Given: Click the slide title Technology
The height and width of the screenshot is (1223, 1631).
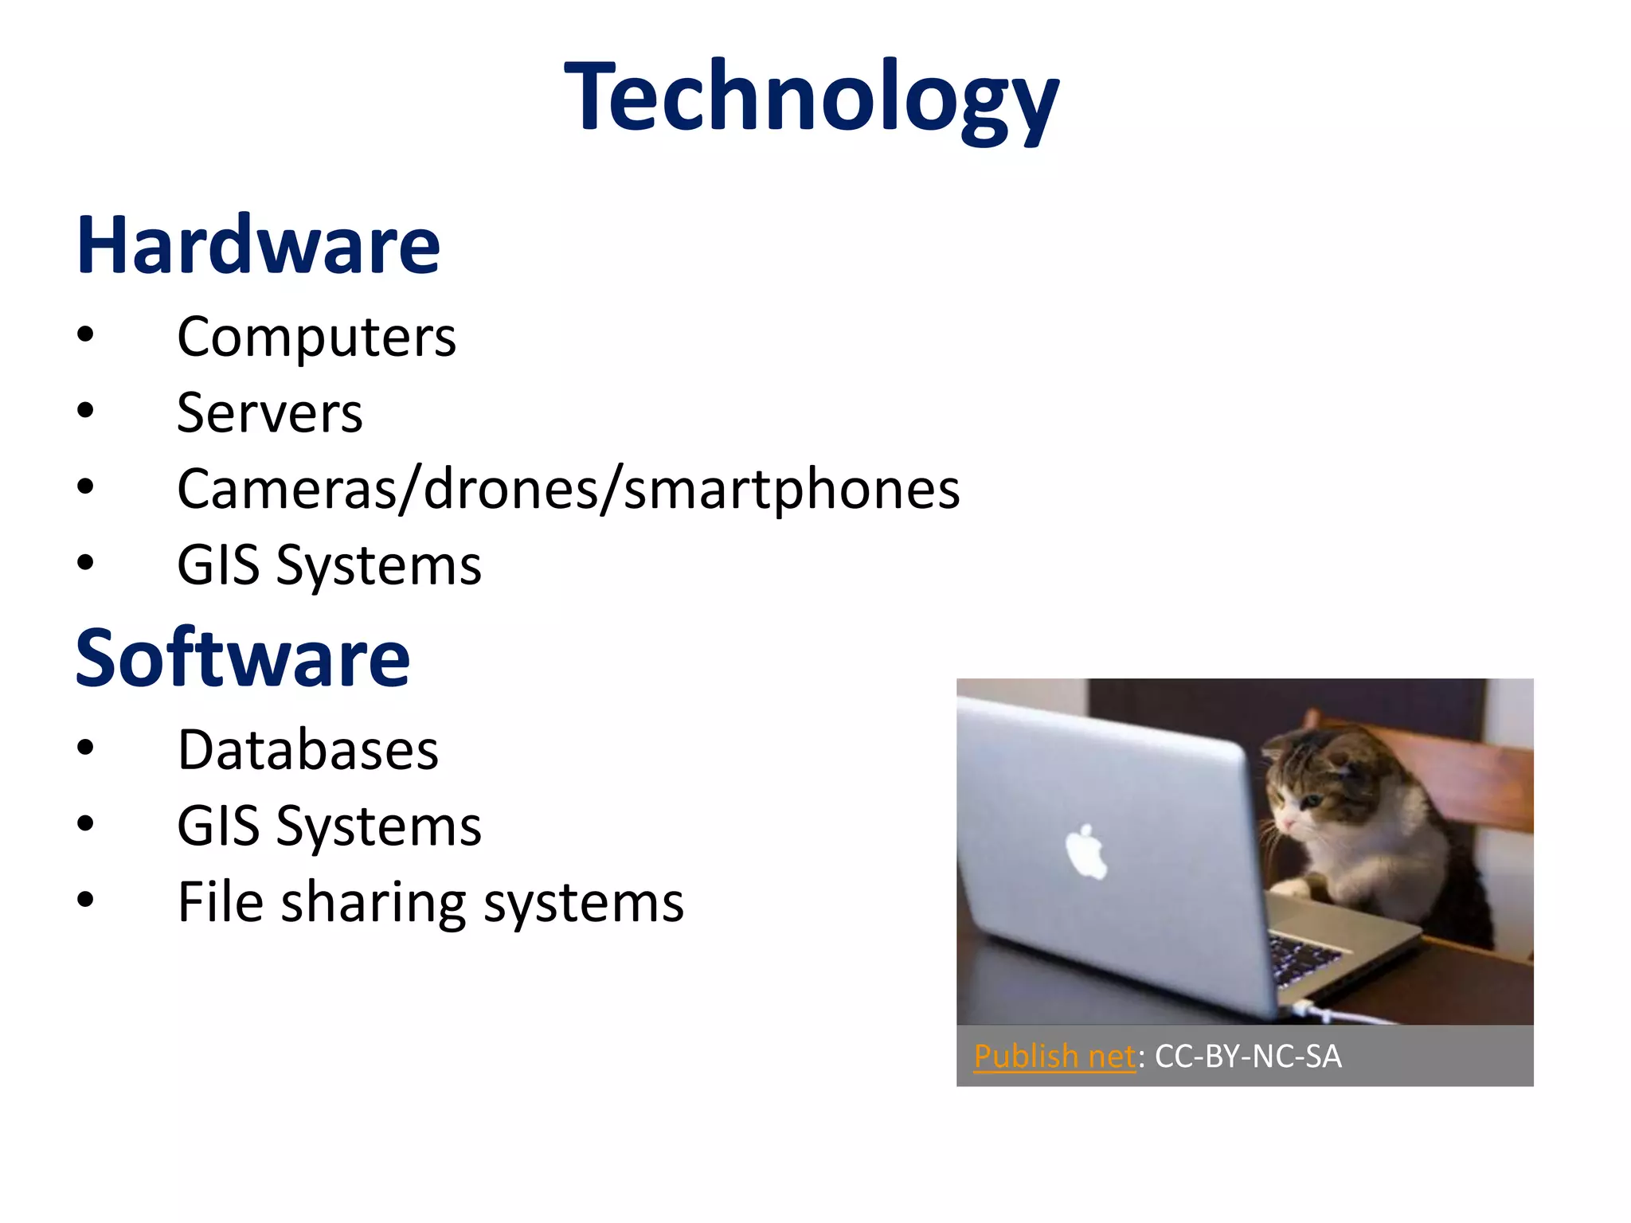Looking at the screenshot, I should [x=811, y=97].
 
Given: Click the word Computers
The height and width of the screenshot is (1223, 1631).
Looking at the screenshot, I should [x=316, y=337].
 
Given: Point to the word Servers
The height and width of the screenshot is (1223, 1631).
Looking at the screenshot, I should [x=269, y=412].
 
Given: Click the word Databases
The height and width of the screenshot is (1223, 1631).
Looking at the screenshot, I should [x=307, y=750].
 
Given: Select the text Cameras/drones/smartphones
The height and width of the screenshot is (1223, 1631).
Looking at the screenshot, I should [x=568, y=489].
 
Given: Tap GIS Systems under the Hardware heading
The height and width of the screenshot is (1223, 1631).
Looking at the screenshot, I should [x=329, y=565].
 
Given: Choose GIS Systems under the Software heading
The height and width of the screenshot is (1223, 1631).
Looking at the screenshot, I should [x=329, y=826].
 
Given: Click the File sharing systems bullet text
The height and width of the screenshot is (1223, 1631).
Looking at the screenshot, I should [x=430, y=902].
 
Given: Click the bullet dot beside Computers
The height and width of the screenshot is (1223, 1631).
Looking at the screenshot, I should [x=86, y=334].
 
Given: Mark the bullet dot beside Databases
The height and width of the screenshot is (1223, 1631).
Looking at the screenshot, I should [x=86, y=748].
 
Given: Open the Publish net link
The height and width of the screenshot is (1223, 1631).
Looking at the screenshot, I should [x=1054, y=1057].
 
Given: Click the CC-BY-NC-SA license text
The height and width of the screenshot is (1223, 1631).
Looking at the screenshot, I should [x=1248, y=1057].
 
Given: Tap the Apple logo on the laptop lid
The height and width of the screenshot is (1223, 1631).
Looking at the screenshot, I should [x=1085, y=853].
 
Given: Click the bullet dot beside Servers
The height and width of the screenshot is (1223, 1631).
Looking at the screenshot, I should [x=86, y=411].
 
